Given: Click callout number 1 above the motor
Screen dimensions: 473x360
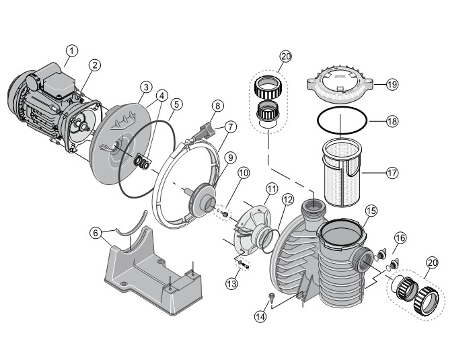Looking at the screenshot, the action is tap(72, 51).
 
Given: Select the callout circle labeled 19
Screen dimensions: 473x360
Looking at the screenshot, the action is tap(392, 85).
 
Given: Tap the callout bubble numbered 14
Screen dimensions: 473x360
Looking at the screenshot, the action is tap(260, 316).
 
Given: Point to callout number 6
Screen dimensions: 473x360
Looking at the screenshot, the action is tap(96, 233).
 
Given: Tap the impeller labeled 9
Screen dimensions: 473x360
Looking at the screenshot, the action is tap(201, 200).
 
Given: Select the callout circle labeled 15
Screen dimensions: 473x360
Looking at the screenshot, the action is tap(371, 211).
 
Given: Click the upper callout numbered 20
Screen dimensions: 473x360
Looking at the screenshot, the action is tap(286, 57).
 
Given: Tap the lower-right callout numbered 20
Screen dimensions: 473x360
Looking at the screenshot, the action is tap(432, 263).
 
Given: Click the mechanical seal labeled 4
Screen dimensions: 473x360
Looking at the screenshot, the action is tap(141, 162).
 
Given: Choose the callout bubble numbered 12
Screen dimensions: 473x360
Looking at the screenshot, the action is tap(287, 199).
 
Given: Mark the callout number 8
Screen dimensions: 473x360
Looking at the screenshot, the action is tap(217, 106).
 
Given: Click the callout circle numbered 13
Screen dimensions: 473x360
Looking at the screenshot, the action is tap(231, 283).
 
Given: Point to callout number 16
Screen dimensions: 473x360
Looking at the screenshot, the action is tap(400, 238).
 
